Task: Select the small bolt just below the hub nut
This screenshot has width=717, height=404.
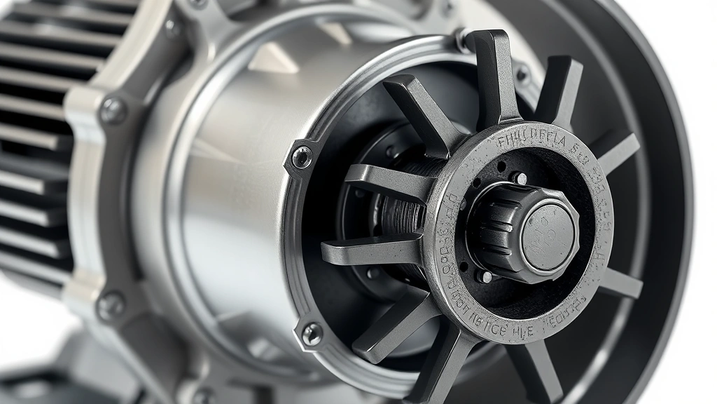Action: pos(483,276)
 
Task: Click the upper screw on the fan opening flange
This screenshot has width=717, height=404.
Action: pos(301,156)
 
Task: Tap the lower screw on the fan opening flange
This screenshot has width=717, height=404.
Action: pos(312,334)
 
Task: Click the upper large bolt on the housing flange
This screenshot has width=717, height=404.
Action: pos(113,111)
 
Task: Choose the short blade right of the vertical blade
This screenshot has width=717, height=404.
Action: pos(560,88)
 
